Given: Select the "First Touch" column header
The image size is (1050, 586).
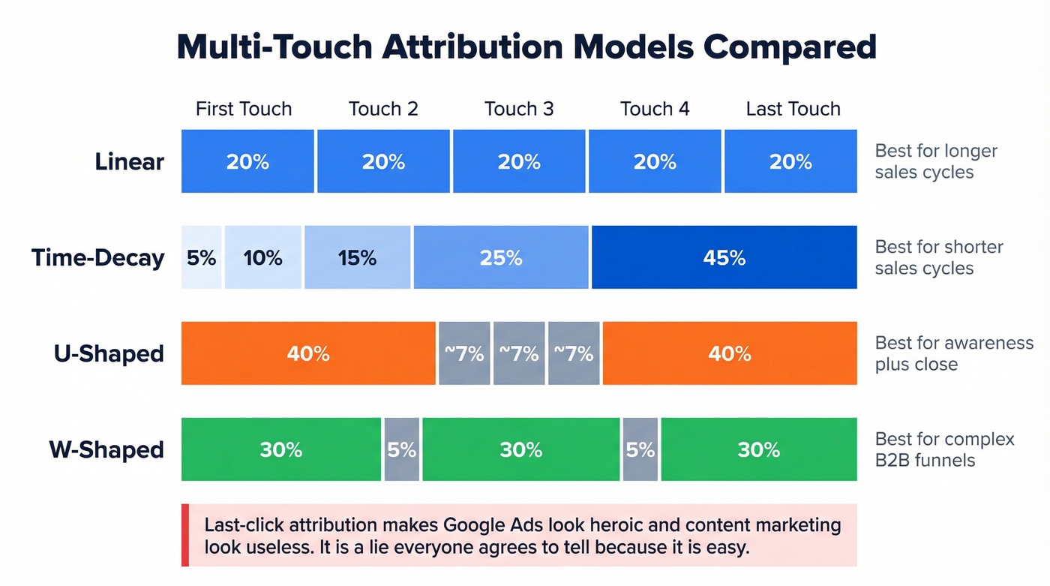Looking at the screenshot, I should tap(244, 109).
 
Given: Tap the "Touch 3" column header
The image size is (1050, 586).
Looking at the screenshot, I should tap(519, 109).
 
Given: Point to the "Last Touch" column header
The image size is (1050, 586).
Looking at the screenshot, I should tap(793, 109).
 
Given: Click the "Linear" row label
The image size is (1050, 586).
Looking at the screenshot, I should tap(129, 161).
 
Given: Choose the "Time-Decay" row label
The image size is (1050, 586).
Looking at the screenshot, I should tap(97, 257).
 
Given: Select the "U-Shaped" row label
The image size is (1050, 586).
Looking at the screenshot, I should tap(109, 353).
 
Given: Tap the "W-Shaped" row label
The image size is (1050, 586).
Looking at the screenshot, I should tap(106, 449).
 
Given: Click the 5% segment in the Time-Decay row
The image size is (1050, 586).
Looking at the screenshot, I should tap(201, 257).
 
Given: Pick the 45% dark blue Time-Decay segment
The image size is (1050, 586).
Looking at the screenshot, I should tap(724, 257).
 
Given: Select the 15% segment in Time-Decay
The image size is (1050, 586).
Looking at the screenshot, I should tap(357, 257).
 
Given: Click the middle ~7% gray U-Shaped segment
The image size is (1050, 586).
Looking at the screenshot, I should tap(519, 353).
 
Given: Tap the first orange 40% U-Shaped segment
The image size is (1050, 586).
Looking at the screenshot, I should tap(308, 353).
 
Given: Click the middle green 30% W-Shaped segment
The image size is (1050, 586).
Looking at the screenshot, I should tap(520, 449).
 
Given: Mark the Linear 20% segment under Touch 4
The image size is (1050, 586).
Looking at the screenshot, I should tap(655, 161).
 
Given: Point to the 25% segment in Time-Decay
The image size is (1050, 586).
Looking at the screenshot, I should tap(501, 257).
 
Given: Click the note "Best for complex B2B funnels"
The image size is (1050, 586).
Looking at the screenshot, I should tap(944, 449).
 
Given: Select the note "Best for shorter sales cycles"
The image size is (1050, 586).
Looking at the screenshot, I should tap(938, 257).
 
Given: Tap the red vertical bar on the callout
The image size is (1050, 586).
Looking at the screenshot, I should tap(185, 535).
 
